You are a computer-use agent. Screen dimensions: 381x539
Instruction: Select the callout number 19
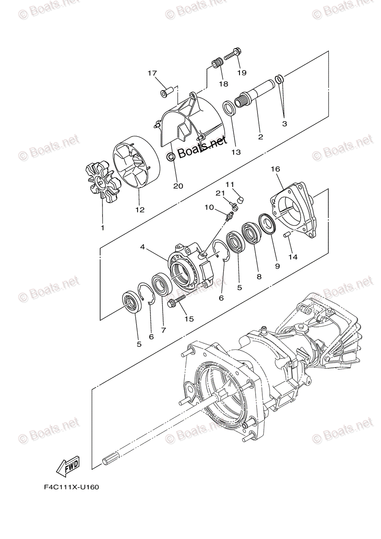(x=242, y=73)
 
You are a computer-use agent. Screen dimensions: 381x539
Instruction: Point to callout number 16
(x=275, y=169)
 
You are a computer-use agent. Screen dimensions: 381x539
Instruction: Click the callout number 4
(x=142, y=247)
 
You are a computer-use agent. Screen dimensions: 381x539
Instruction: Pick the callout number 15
(x=189, y=318)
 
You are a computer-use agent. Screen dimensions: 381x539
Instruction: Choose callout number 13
(x=236, y=152)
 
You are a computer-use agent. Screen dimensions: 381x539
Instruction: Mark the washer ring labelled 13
(x=229, y=108)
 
